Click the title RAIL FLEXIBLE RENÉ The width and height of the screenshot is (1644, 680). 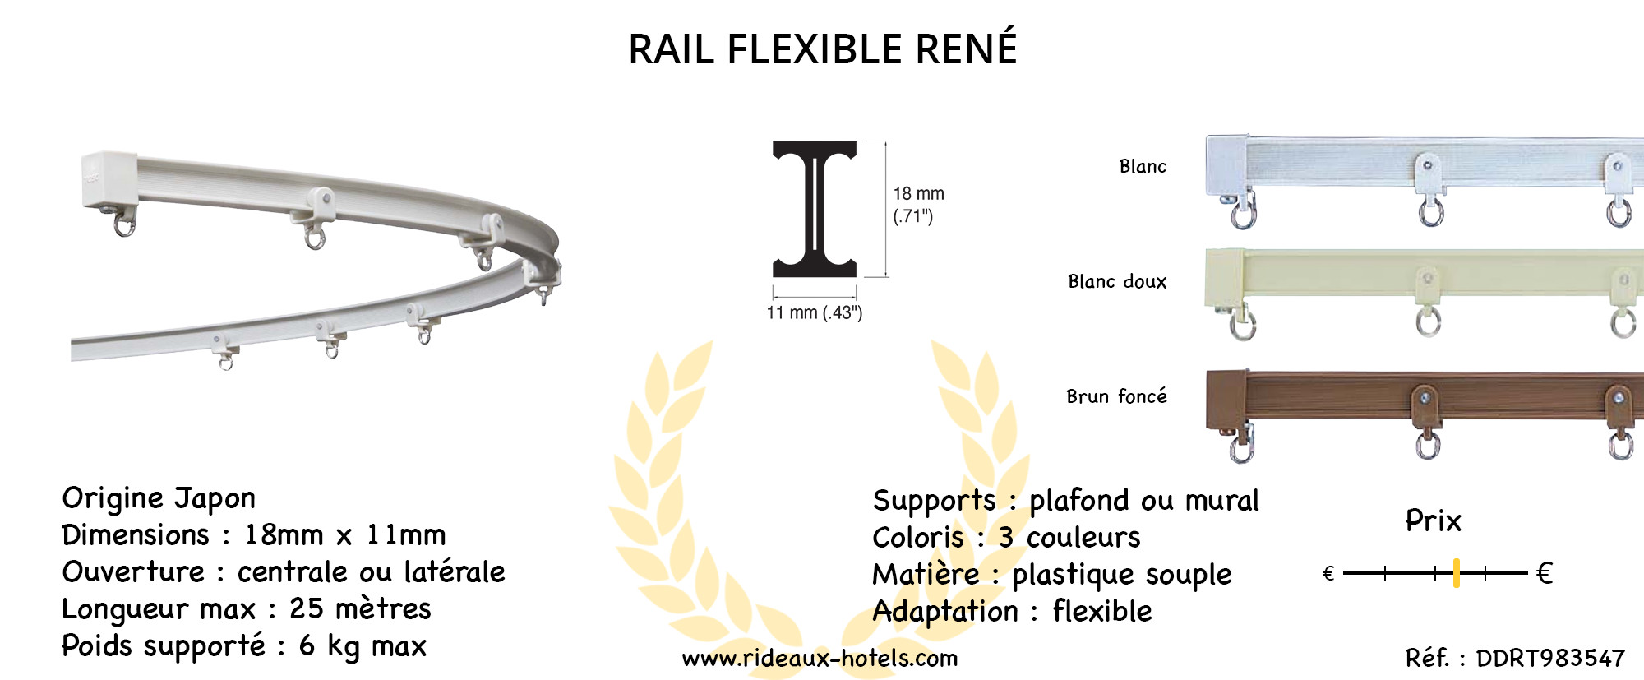(x=822, y=49)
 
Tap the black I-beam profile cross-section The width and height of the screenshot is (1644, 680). (x=815, y=209)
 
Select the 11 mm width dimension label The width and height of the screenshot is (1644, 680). (x=814, y=313)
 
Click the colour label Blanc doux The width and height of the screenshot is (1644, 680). (x=1116, y=282)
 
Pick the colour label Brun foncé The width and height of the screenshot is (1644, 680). (x=1115, y=397)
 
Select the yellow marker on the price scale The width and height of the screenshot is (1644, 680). (x=1456, y=573)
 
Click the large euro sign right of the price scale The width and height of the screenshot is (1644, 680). (x=1545, y=573)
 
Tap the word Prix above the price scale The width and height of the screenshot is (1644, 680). (x=1433, y=521)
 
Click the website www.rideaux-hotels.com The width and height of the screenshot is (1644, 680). (x=820, y=659)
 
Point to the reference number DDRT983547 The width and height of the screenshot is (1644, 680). (x=1550, y=659)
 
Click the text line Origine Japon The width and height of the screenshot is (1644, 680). (x=159, y=498)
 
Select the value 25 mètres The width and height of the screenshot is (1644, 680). (x=360, y=609)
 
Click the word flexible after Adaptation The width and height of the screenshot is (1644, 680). (x=1102, y=612)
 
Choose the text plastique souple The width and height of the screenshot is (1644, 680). (x=1121, y=575)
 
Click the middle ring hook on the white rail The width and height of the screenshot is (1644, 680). (x=1431, y=211)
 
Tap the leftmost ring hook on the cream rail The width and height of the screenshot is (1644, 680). (x=1242, y=325)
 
